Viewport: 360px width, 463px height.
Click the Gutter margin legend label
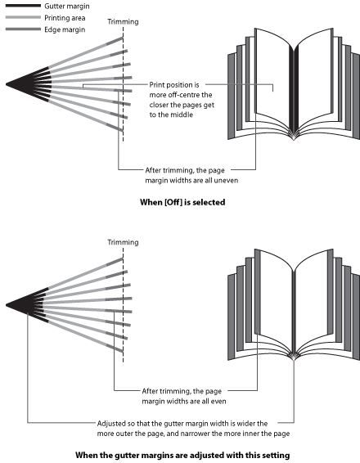point(67,7)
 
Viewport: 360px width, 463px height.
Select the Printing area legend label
point(65,18)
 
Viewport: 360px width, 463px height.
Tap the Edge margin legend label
point(65,29)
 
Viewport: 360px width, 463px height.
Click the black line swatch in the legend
point(23,6)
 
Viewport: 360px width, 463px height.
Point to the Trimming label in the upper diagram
point(123,21)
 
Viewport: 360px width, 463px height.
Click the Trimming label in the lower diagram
point(123,242)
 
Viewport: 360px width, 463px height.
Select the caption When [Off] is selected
point(182,202)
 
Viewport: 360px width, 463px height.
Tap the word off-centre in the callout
point(181,95)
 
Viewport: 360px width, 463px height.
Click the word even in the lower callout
point(219,402)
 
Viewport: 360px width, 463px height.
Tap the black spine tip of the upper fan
point(7,84)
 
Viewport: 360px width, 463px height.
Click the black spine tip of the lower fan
point(7,305)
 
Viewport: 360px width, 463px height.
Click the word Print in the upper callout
point(157,85)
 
